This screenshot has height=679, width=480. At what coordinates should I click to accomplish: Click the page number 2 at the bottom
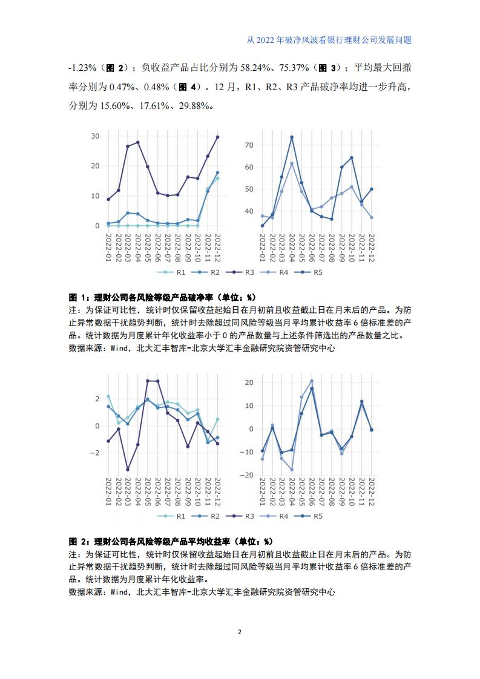(x=240, y=632)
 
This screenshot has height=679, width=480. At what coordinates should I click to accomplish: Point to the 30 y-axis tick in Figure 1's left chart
(x=95, y=136)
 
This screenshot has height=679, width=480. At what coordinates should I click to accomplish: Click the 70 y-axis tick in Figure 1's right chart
(x=249, y=145)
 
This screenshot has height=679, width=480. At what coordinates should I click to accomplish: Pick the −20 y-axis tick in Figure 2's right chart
(x=246, y=475)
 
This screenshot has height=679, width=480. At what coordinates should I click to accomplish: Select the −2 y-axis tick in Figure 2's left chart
(x=95, y=453)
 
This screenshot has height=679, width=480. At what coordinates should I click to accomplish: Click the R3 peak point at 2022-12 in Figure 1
(x=217, y=137)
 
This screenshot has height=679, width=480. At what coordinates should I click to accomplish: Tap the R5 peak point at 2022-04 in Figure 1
(x=292, y=137)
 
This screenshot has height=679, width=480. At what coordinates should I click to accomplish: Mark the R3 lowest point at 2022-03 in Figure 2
(x=128, y=470)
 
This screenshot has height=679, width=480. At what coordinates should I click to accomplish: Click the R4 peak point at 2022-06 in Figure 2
(x=312, y=381)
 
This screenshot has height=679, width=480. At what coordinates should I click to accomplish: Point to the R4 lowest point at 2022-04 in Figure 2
(x=292, y=470)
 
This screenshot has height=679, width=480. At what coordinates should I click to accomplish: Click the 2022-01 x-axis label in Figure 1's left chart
(x=108, y=248)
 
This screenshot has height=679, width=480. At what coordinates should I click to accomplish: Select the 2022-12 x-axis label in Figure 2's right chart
(x=371, y=492)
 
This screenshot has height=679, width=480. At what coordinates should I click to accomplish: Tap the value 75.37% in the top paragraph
(x=294, y=68)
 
